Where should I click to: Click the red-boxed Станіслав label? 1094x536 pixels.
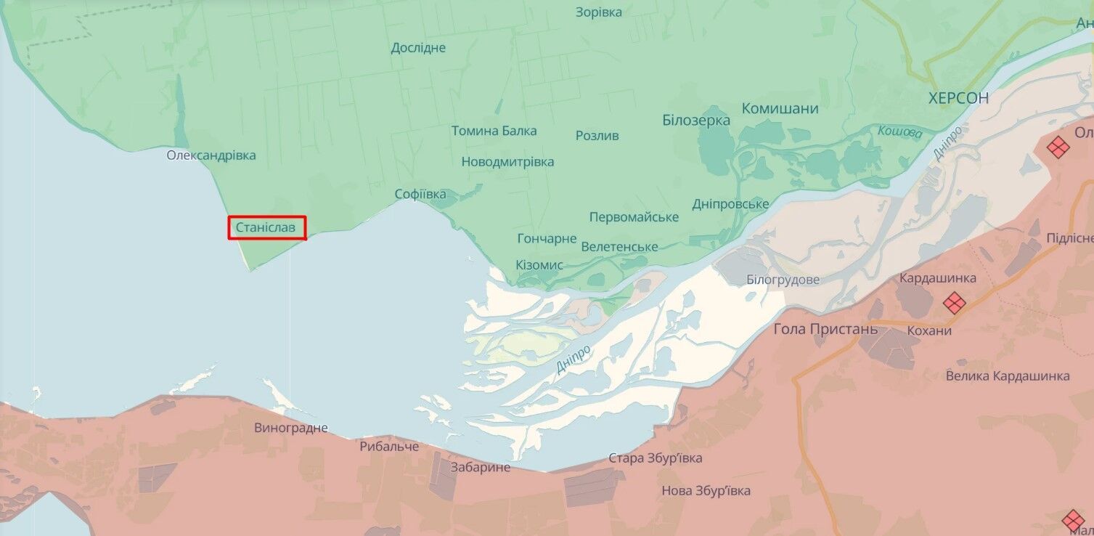pyautogui.click(x=266, y=228)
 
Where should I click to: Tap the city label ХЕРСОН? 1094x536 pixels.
pyautogui.click(x=958, y=99)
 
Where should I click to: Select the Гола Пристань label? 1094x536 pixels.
pyautogui.click(x=825, y=329)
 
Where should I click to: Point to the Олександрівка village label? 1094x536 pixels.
pyautogui.click(x=211, y=155)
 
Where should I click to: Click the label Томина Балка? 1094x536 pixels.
pyautogui.click(x=494, y=131)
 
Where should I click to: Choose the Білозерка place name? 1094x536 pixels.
pyautogui.click(x=695, y=121)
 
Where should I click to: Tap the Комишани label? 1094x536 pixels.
pyautogui.click(x=780, y=109)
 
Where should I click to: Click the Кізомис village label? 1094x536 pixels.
pyautogui.click(x=539, y=265)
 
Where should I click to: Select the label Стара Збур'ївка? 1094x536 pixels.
pyautogui.click(x=655, y=458)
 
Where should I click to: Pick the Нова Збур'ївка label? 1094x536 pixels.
pyautogui.click(x=706, y=491)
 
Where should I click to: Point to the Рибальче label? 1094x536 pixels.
pyautogui.click(x=389, y=447)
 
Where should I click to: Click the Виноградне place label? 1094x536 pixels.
pyautogui.click(x=291, y=428)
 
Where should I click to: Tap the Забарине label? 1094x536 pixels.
pyautogui.click(x=480, y=468)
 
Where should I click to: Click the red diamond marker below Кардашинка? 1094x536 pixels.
pyautogui.click(x=953, y=302)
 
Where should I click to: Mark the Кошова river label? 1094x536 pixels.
pyautogui.click(x=899, y=133)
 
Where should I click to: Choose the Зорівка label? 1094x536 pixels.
pyautogui.click(x=598, y=12)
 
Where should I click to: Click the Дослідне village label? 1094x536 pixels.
pyautogui.click(x=418, y=48)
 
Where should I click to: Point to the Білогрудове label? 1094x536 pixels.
pyautogui.click(x=783, y=280)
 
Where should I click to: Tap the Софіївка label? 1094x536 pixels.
pyautogui.click(x=420, y=195)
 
